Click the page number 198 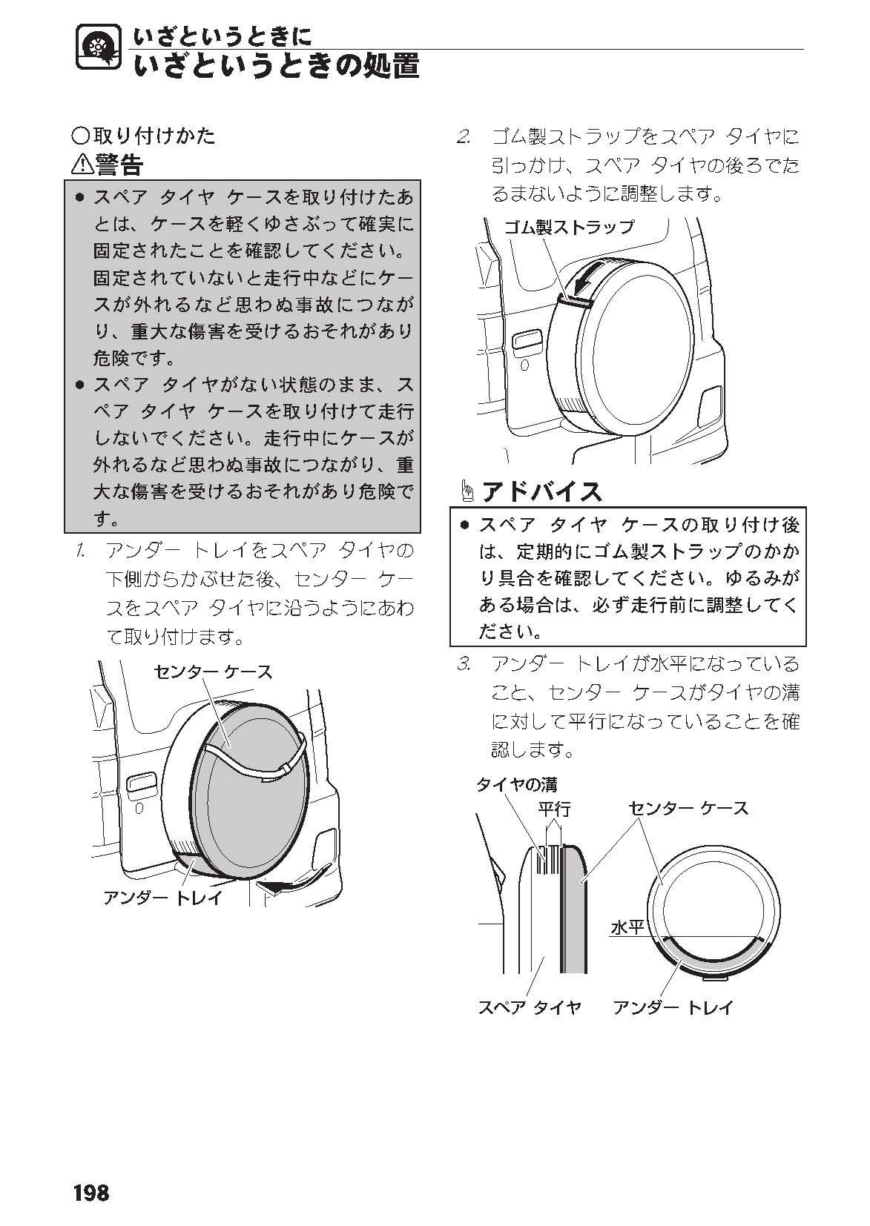click(x=91, y=1193)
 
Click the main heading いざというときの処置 click(x=277, y=66)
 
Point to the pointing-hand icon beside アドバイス click(x=468, y=491)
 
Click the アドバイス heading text click(x=541, y=491)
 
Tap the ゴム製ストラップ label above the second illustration click(x=568, y=227)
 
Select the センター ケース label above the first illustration click(x=213, y=672)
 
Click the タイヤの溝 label click(x=516, y=784)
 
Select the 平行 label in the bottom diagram click(x=554, y=809)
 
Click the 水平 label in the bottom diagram click(x=626, y=927)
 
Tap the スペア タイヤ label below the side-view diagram click(x=529, y=1007)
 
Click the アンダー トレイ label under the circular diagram click(x=673, y=1007)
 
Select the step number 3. click(x=465, y=663)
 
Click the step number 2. click(x=465, y=137)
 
